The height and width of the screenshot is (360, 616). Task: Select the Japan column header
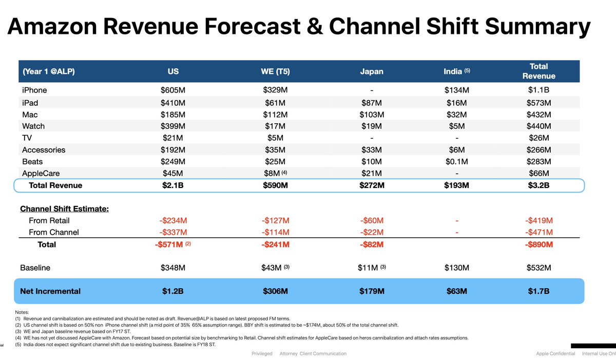372,71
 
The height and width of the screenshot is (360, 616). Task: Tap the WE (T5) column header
275,71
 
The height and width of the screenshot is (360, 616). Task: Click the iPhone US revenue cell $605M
174,90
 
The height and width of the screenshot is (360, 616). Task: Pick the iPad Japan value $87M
372,102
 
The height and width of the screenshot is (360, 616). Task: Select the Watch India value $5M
456,126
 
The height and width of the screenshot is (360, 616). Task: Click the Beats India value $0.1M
456,162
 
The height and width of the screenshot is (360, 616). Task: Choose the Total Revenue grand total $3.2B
538,185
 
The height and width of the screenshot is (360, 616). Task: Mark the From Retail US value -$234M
174,221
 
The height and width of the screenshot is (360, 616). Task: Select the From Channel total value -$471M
538,233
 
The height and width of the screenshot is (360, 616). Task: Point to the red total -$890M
538,245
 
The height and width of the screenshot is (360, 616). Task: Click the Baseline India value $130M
456,268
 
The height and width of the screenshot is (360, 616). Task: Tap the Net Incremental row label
50,291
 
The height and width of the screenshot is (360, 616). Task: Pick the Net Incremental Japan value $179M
372,291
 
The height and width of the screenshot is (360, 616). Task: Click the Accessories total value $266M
538,150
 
